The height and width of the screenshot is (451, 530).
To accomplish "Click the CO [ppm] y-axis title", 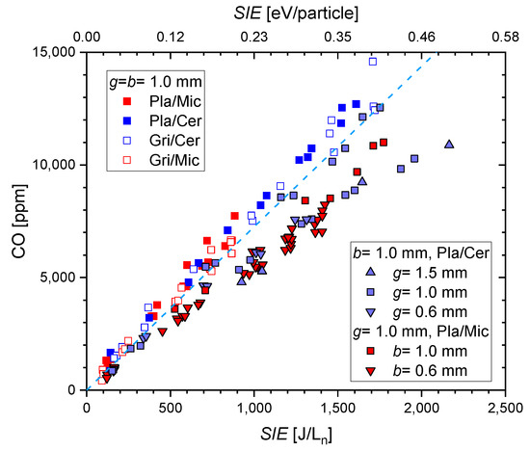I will point(16,221).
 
